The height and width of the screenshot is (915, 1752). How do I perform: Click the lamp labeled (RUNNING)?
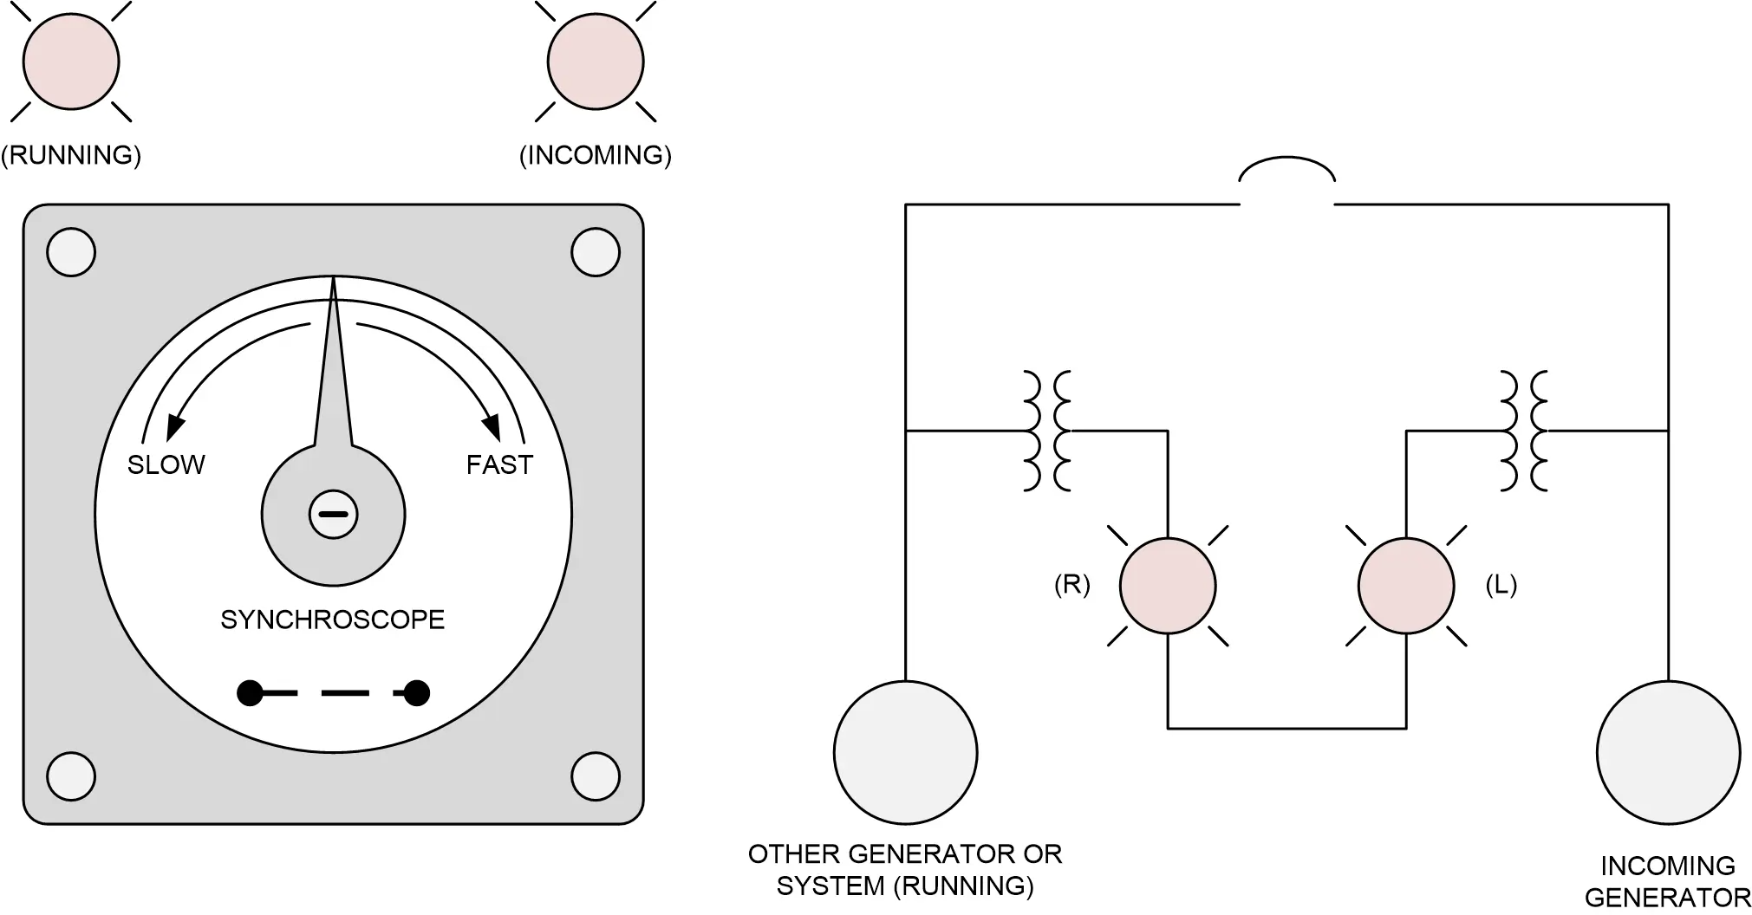point(71,62)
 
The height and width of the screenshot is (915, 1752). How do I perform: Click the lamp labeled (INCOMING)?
point(596,62)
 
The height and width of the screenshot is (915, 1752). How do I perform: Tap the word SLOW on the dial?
point(166,465)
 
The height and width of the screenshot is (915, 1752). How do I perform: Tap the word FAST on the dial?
point(499,465)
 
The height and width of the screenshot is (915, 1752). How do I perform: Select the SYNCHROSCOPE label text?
point(332,620)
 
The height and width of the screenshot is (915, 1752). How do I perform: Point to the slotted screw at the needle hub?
point(333,515)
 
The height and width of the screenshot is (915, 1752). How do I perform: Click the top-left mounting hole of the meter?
point(71,252)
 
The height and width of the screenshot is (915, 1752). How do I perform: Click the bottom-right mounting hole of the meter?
point(596,775)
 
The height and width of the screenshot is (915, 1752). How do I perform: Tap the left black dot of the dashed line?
point(250,693)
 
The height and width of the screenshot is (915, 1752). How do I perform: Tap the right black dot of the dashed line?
point(417,693)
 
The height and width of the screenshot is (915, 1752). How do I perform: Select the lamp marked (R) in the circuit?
point(1168,586)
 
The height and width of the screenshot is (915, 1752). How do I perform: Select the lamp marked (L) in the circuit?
point(1405,586)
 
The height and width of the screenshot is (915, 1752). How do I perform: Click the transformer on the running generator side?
point(1047,431)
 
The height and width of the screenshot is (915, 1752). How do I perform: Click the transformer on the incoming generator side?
point(1524,431)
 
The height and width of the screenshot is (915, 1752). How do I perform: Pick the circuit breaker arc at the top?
point(1286,170)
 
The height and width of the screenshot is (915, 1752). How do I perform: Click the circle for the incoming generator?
point(1668,752)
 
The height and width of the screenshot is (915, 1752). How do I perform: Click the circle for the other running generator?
point(905,752)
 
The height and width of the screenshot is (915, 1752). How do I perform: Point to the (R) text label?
point(1071,586)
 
